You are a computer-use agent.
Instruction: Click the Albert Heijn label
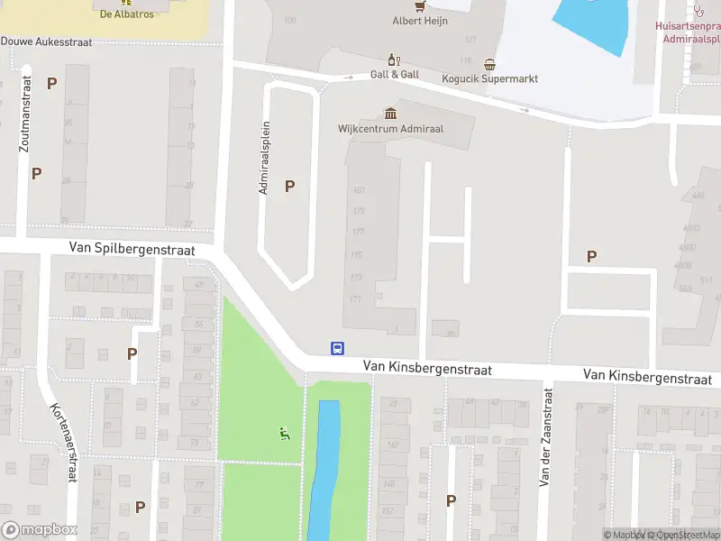coord(420,20)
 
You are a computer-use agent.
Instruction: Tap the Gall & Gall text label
coord(395,75)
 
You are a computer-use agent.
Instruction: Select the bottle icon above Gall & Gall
coord(393,60)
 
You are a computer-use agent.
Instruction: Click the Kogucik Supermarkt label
coord(489,78)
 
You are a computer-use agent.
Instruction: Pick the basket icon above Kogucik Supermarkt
coord(489,64)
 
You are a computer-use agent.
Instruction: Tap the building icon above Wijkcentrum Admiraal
coord(390,113)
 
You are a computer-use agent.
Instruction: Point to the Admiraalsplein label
coord(265,159)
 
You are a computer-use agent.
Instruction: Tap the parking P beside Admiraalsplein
coord(289,187)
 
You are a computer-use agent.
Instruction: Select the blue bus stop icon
coord(337,348)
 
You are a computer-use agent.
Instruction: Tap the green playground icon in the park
coord(285,434)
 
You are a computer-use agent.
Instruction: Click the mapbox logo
coord(39,530)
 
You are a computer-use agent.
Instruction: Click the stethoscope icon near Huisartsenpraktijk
coord(698,11)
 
